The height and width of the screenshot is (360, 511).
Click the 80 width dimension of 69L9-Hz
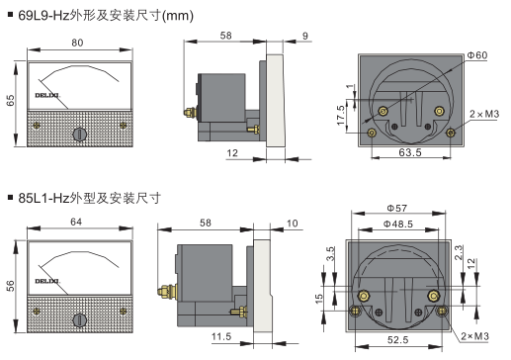coord(77,43)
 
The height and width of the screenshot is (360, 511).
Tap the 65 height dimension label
coord(11,100)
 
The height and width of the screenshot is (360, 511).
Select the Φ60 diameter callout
coord(477,55)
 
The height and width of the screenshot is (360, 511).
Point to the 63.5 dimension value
coord(410,152)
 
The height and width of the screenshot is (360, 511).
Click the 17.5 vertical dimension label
coord(341,116)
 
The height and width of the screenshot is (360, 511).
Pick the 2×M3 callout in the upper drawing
coord(484,114)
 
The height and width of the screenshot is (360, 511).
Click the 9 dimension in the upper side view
coord(305,36)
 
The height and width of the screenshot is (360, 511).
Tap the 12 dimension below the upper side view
coord(232,153)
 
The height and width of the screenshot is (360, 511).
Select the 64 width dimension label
coord(76,222)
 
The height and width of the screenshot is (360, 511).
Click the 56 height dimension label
coord(11,286)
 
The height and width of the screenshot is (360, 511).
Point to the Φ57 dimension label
coord(396,209)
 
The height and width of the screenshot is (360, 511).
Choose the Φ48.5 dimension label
coord(398,225)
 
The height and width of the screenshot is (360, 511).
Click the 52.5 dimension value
coord(397,339)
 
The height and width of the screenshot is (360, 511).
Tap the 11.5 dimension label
coord(221,336)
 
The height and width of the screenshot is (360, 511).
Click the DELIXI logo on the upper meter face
coord(47,96)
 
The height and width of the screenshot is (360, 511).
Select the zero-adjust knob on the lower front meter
coord(79,320)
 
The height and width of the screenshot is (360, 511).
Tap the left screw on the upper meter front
coord(37,126)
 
